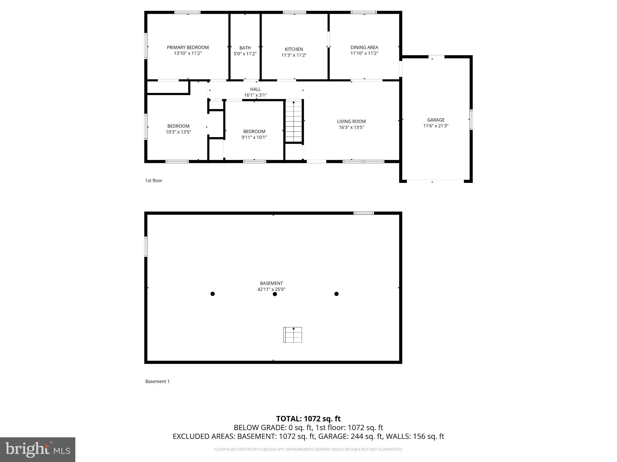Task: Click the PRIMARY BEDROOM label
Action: click(188, 48)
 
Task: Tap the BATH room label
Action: click(245, 48)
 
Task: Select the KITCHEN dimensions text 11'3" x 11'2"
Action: click(294, 55)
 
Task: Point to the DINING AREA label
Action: click(364, 48)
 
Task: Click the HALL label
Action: click(255, 89)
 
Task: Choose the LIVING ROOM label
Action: click(351, 122)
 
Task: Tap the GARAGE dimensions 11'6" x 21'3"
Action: click(436, 126)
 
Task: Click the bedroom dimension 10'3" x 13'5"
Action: click(178, 132)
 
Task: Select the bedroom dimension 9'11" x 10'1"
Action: click(254, 137)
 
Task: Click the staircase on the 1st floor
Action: click(293, 122)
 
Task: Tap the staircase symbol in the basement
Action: click(293, 335)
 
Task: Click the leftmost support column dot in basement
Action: click(212, 294)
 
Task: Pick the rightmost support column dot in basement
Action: click(337, 294)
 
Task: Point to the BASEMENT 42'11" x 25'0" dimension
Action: click(271, 289)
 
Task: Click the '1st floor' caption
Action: click(154, 180)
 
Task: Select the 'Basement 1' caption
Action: click(157, 381)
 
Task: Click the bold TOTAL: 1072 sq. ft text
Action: click(308, 419)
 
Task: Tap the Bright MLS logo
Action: click(38, 449)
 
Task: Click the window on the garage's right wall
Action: click(471, 120)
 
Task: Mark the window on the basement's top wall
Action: click(364, 213)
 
